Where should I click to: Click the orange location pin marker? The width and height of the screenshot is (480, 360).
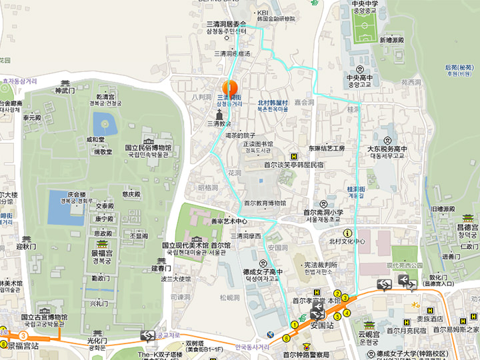(229, 88)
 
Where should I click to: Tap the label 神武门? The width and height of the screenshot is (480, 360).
(63, 90)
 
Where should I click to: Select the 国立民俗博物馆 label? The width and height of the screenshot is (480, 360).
(148, 148)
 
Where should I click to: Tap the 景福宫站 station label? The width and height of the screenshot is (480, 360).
(23, 345)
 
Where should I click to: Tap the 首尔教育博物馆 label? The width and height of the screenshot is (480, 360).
(265, 203)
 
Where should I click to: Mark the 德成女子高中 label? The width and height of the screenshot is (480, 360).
(262, 271)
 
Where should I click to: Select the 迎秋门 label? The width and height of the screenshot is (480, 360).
(25, 247)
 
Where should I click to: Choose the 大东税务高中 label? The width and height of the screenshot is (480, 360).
(387, 148)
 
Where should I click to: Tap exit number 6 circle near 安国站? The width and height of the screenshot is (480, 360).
(287, 337)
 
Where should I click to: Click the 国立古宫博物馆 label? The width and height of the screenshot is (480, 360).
(44, 317)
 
